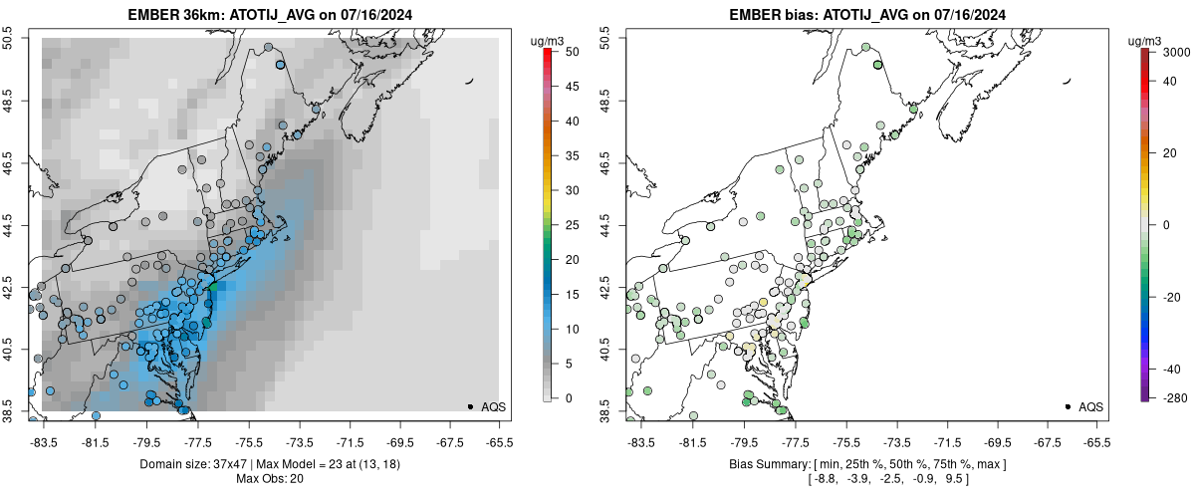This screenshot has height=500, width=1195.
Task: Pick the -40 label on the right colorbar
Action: (1172, 369)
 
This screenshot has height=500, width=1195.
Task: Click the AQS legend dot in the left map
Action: (469, 406)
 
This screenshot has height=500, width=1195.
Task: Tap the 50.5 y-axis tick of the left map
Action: (9, 38)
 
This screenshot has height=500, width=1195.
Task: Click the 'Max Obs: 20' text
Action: (271, 479)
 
